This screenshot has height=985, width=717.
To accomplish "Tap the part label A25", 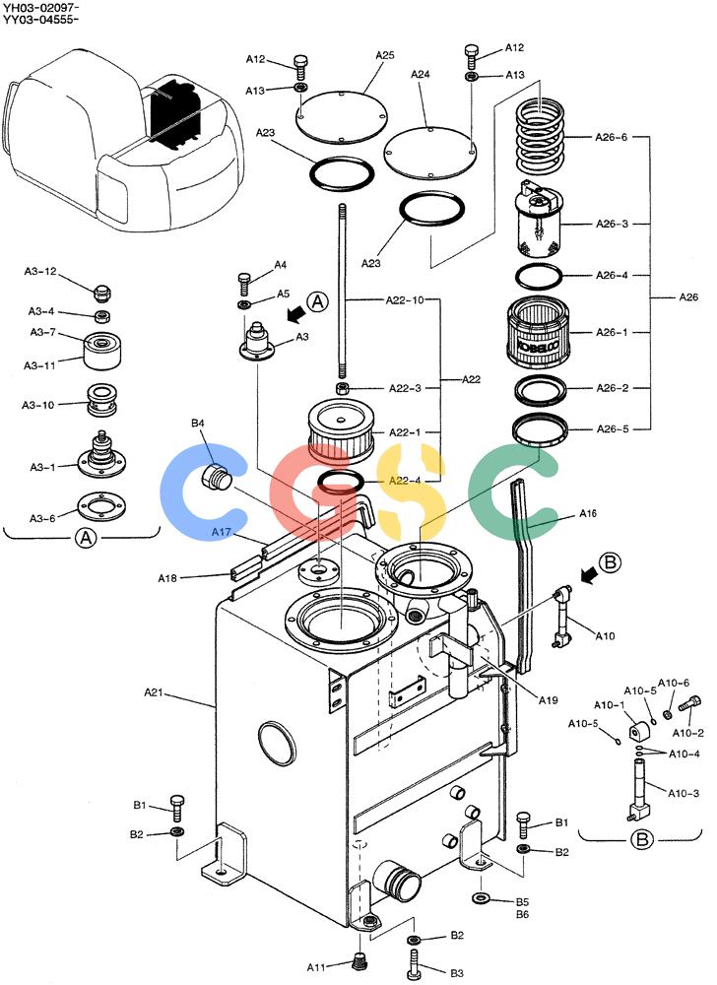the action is [385, 55].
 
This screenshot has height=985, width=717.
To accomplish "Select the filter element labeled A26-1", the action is [538, 332].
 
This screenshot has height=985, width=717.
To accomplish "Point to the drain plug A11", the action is [359, 960].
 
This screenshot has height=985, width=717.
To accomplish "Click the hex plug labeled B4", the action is [216, 479].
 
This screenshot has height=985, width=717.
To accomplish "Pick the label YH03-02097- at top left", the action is [40, 7].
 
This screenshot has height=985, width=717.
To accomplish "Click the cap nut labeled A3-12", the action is [102, 293].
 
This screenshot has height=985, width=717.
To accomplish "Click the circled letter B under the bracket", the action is [641, 839].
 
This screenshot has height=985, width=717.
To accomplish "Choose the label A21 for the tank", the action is [154, 692].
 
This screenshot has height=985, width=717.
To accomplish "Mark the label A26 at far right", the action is [688, 296].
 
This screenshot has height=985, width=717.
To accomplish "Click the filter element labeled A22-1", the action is [341, 431].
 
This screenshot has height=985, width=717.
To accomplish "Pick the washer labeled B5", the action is [482, 897].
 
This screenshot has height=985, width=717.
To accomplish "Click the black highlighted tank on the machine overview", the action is [175, 112].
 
